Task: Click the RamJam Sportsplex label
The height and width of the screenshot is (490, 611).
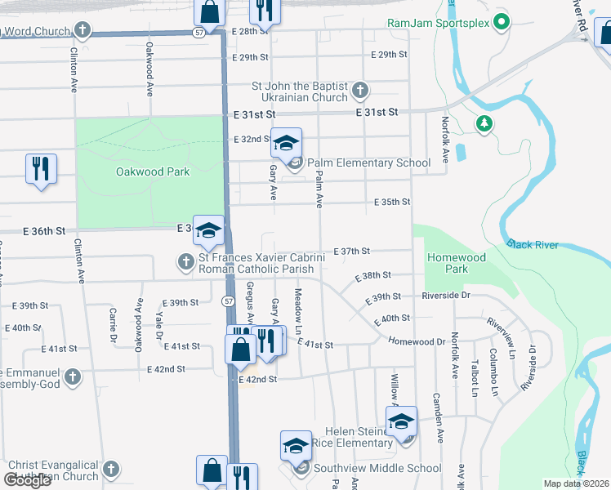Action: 438,23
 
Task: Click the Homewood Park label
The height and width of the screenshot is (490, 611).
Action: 457,263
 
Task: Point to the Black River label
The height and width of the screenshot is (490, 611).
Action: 530,243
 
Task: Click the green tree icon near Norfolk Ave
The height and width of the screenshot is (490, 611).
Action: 485,123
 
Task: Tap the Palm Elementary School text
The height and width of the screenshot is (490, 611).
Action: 368,163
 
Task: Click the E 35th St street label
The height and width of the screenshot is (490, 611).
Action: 391,202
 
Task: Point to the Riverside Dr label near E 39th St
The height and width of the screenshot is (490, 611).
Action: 446,296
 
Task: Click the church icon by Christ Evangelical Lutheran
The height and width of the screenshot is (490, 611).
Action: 110,470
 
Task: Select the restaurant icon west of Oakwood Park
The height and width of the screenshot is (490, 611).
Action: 41,169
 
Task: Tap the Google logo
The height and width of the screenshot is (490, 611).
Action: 28,480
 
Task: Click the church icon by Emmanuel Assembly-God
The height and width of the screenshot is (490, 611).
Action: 73,376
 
